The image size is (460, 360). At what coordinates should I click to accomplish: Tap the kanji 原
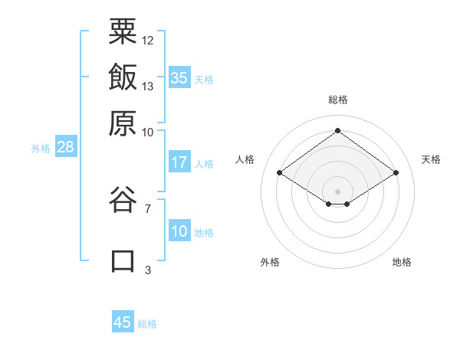tap(123, 123)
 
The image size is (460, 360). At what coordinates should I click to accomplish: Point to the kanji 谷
tap(123, 201)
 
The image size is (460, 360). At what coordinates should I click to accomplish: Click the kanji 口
tap(123, 260)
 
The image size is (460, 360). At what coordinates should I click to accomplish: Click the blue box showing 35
tap(179, 77)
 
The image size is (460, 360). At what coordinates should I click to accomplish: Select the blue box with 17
tap(179, 162)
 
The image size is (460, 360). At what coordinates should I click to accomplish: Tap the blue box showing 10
tap(179, 232)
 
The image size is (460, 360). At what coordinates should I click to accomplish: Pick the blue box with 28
tap(65, 148)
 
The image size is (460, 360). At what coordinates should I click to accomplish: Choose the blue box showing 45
tap(123, 322)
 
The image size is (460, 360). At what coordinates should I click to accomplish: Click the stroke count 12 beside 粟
tap(148, 40)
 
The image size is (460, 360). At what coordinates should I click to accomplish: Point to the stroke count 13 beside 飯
tap(148, 86)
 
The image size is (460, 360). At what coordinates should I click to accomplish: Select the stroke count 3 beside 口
tap(148, 270)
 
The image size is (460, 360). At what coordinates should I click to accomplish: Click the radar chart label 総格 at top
tap(337, 100)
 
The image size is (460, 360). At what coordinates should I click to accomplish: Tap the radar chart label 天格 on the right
tap(431, 159)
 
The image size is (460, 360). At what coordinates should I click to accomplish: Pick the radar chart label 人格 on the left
tap(245, 159)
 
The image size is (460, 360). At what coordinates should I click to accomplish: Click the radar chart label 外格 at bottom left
tap(270, 262)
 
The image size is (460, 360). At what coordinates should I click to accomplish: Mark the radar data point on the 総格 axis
tap(337, 130)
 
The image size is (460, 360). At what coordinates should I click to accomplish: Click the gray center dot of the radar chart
tap(337, 190)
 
